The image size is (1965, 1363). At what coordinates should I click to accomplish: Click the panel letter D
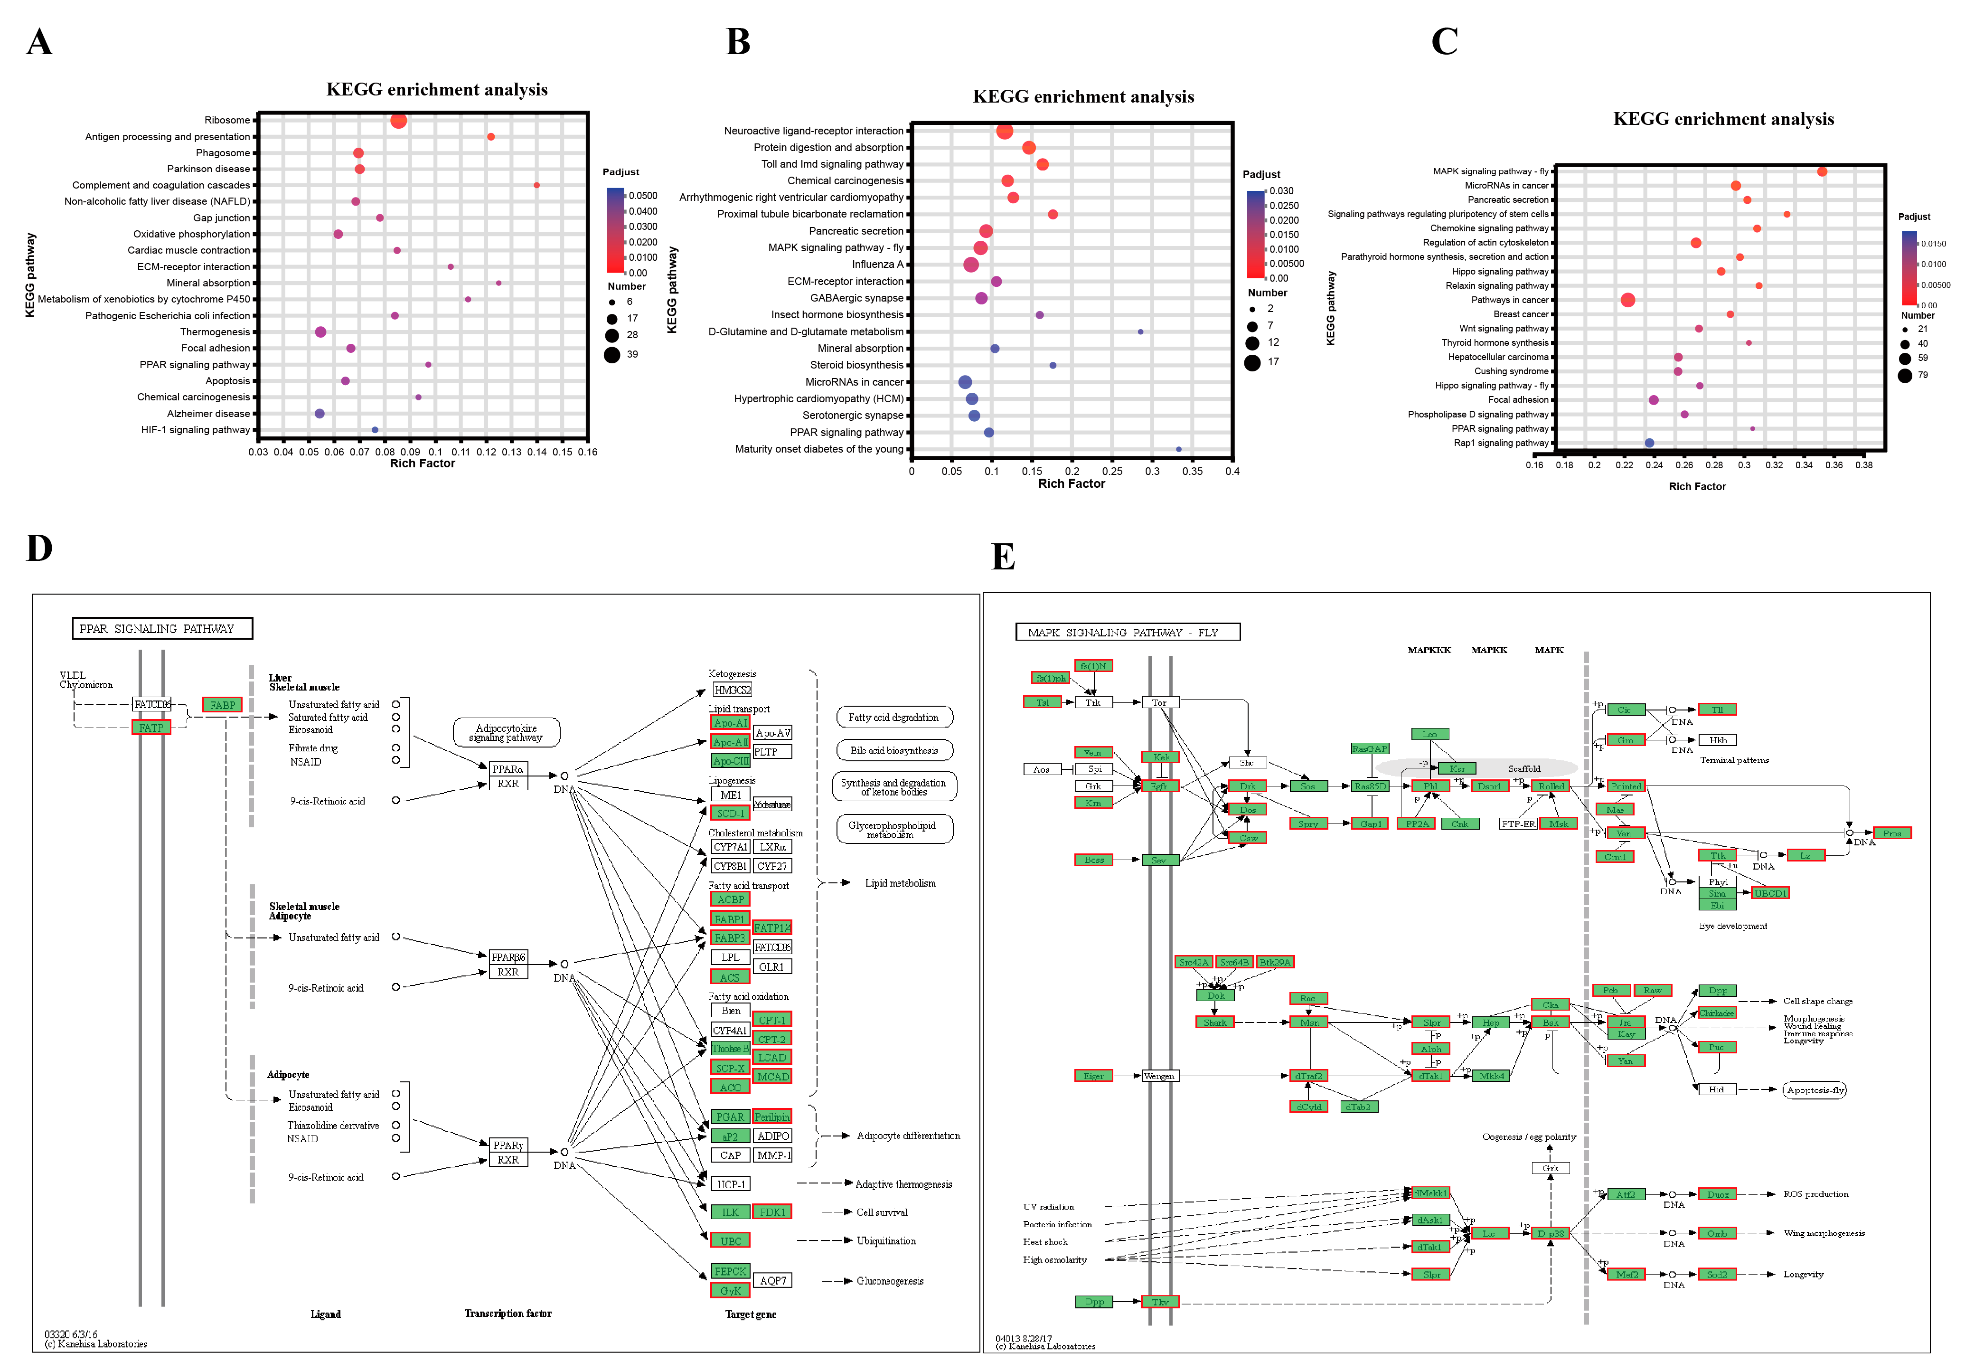(39, 548)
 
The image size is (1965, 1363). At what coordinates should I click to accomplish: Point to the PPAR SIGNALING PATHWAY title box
(162, 629)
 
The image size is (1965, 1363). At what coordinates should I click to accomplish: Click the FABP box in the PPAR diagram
(222, 705)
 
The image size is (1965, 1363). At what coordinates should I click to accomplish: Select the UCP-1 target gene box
(731, 1183)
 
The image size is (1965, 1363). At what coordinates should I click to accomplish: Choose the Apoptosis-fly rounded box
(1815, 1090)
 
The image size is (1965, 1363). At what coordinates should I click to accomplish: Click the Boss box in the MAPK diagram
(1093, 860)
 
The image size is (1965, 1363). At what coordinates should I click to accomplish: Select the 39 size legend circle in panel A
(612, 354)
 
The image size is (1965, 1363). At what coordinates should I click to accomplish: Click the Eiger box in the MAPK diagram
(1093, 1076)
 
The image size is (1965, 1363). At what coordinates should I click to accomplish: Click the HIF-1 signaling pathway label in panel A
(196, 430)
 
